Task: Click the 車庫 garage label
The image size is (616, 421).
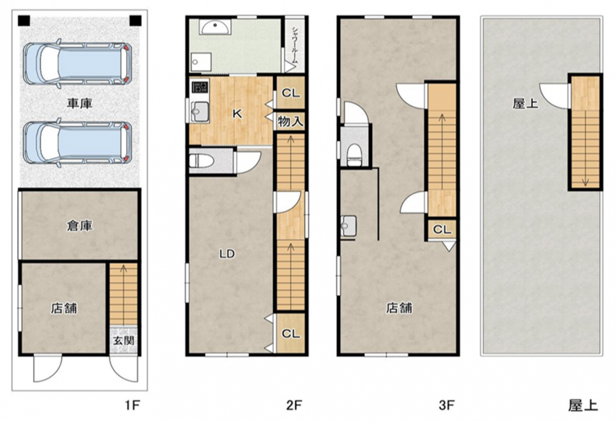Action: pyautogui.click(x=79, y=104)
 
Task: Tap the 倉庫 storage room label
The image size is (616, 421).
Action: pyautogui.click(x=79, y=226)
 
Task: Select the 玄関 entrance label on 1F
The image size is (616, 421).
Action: pyautogui.click(x=124, y=340)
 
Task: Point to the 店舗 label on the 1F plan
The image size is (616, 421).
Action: pyautogui.click(x=63, y=308)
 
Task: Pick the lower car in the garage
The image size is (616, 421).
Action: pyautogui.click(x=78, y=142)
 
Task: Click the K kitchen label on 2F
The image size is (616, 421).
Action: pyautogui.click(x=237, y=114)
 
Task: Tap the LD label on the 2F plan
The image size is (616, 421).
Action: pyautogui.click(x=227, y=254)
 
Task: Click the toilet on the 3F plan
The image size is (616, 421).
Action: pyautogui.click(x=354, y=155)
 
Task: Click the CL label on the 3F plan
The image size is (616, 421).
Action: pyautogui.click(x=442, y=229)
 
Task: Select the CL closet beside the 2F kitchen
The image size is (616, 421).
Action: pyautogui.click(x=291, y=93)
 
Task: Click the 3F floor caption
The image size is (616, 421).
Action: pyautogui.click(x=446, y=405)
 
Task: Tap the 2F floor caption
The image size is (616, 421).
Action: pyautogui.click(x=294, y=405)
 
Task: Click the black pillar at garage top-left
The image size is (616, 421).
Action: pyautogui.click(x=24, y=20)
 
